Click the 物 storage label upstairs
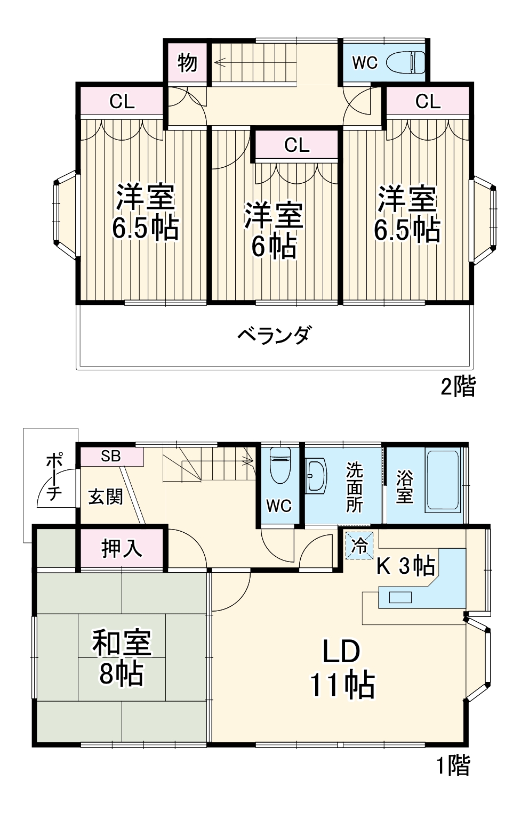(x=187, y=63)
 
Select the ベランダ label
(x=273, y=335)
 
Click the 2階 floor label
(x=458, y=386)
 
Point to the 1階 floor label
(x=453, y=766)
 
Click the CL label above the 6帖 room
(x=296, y=145)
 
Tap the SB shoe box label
(x=111, y=456)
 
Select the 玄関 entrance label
(x=106, y=497)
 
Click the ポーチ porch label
(x=54, y=477)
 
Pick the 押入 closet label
(x=122, y=548)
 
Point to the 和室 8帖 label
(x=122, y=657)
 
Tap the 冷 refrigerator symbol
(x=359, y=546)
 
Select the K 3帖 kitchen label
(x=405, y=566)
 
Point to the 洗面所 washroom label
(x=354, y=487)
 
